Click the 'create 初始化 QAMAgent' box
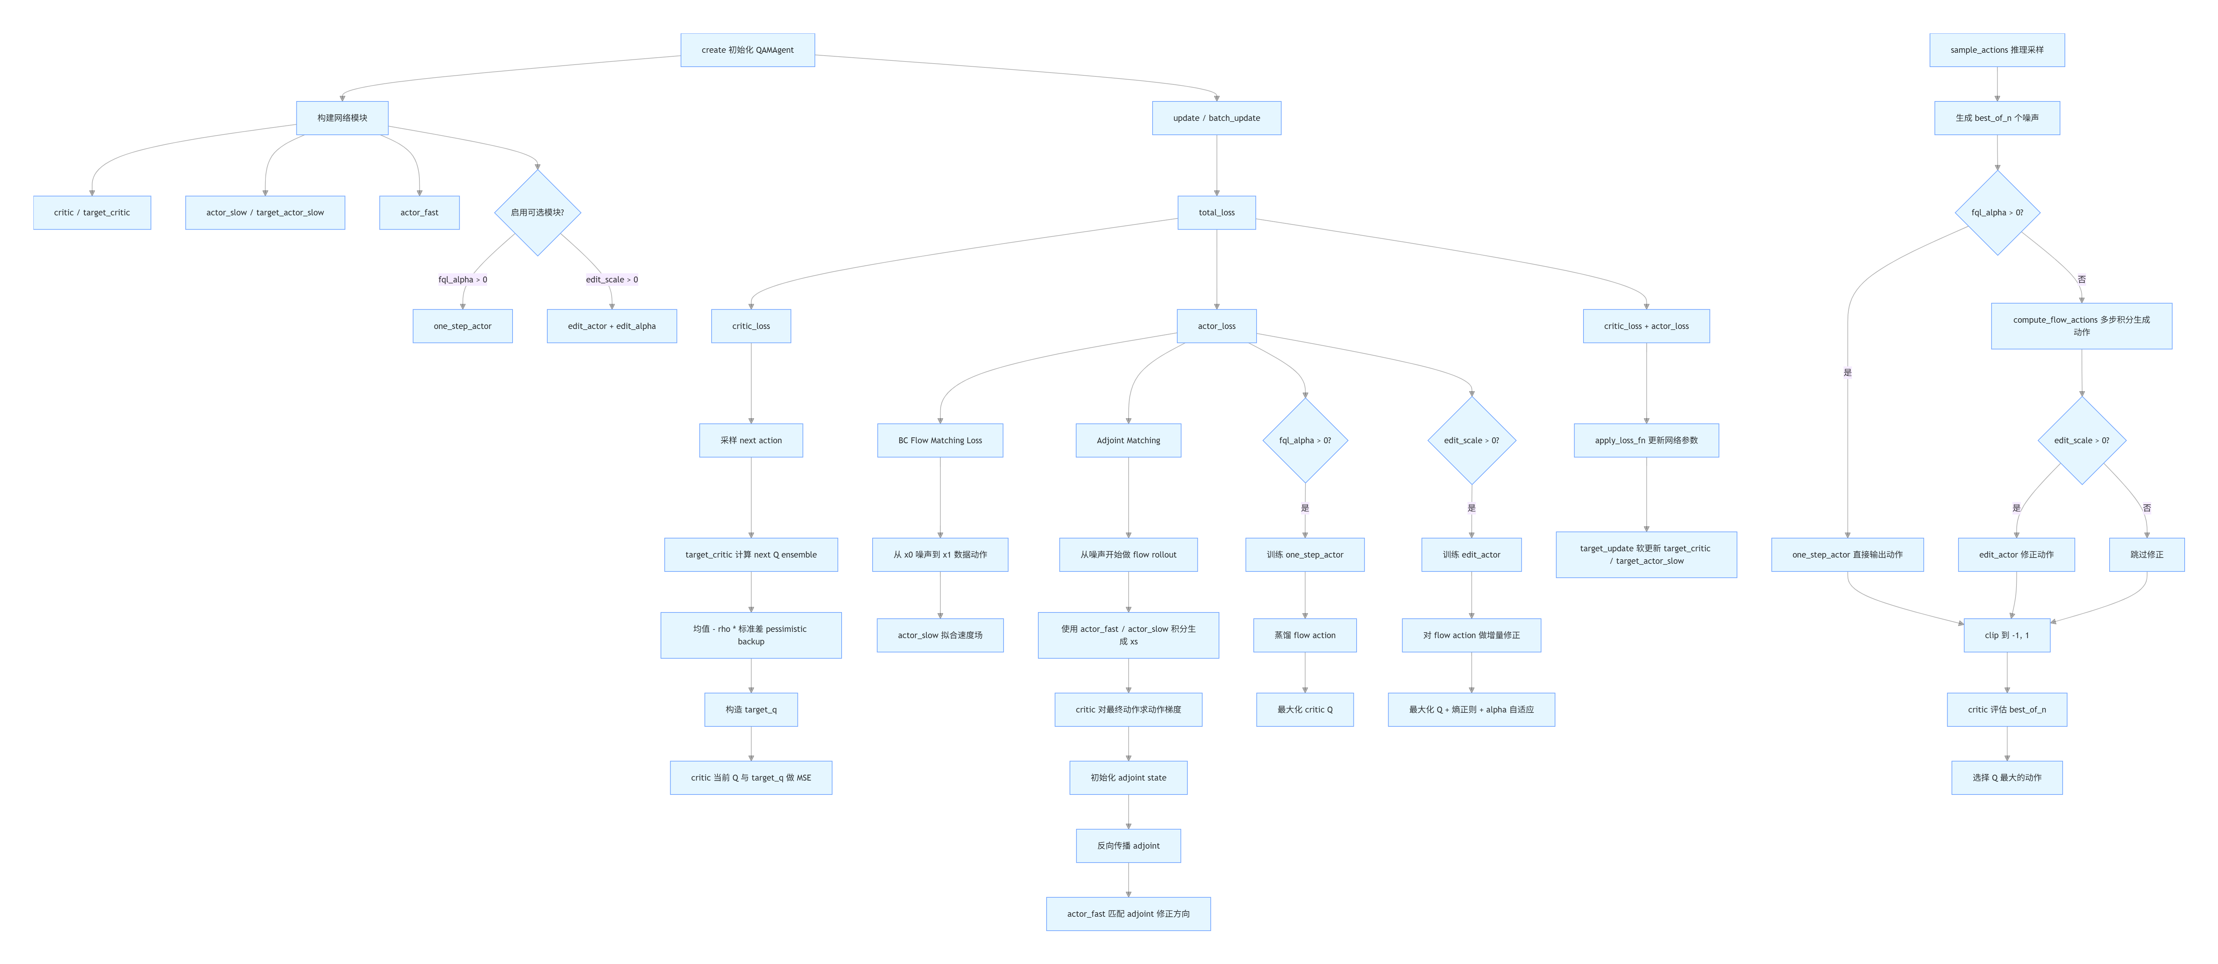747,50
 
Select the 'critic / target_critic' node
92,213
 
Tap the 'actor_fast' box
419,213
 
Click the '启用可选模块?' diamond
537,213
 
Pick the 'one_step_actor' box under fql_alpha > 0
463,326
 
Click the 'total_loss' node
1217,213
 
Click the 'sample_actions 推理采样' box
1997,50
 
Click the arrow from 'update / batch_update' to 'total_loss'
1217,165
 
